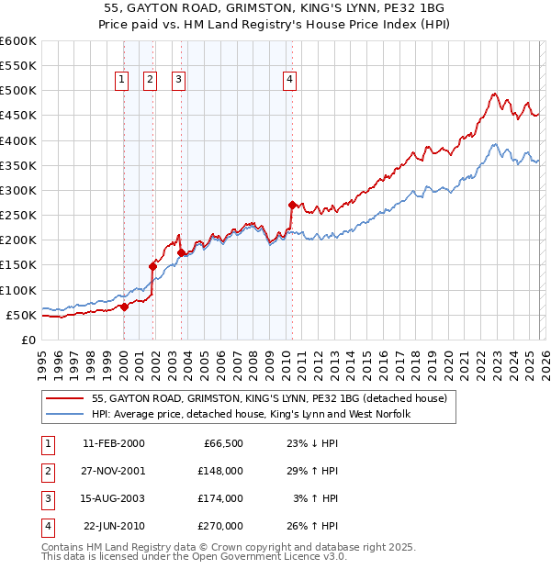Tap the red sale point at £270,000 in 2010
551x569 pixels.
click(x=292, y=206)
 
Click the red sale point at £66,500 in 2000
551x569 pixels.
click(x=124, y=307)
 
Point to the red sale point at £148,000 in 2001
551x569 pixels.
click(x=153, y=266)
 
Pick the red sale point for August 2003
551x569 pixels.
click(x=181, y=252)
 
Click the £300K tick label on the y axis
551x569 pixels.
click(x=18, y=190)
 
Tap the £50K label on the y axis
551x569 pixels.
click(x=21, y=315)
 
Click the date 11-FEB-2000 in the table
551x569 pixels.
click(x=113, y=443)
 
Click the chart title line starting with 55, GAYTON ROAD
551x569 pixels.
click(x=275, y=7)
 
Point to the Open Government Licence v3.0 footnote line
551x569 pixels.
click(x=194, y=556)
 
